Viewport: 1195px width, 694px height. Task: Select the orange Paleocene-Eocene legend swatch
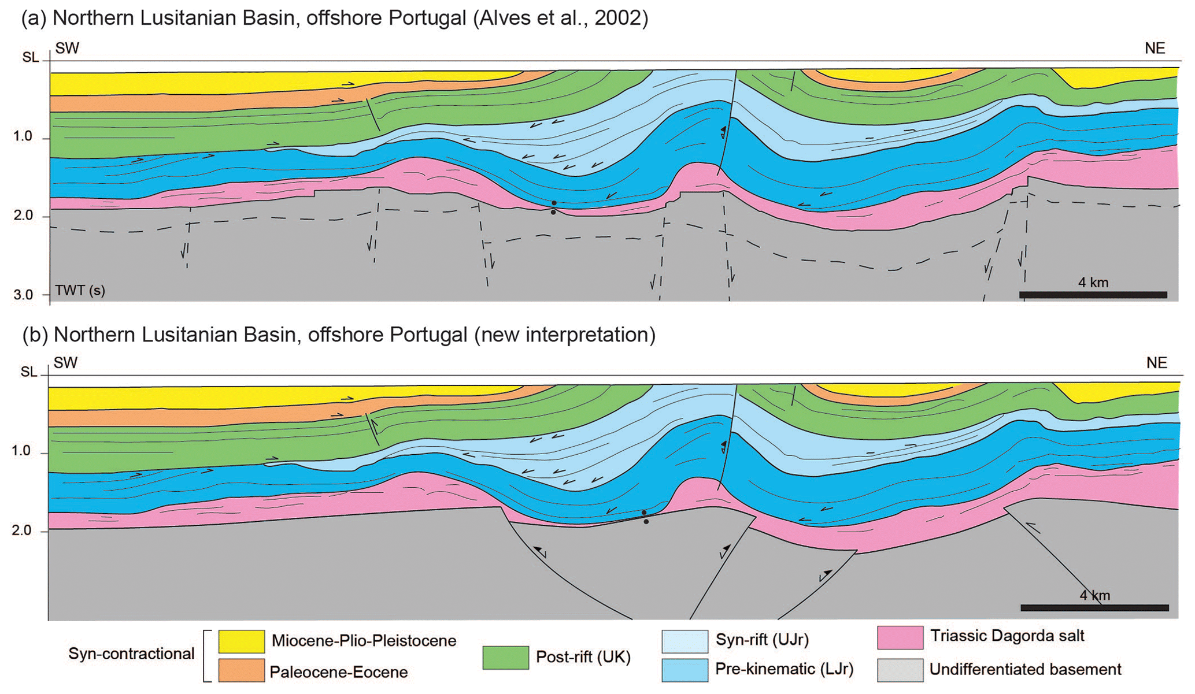point(241,671)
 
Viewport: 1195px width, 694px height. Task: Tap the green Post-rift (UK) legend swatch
point(505,658)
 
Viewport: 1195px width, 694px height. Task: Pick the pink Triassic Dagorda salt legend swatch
point(900,637)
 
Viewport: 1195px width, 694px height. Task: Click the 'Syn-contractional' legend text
point(131,654)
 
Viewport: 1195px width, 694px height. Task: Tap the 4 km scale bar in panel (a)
point(1093,295)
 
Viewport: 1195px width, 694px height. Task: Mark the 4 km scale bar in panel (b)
point(1094,608)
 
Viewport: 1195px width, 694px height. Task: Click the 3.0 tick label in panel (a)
point(24,295)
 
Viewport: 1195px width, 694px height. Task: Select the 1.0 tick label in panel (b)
point(21,451)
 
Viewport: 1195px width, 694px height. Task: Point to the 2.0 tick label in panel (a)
point(24,216)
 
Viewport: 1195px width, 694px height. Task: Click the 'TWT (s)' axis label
point(80,290)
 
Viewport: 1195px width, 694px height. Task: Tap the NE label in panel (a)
point(1155,49)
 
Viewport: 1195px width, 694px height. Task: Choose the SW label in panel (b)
point(65,363)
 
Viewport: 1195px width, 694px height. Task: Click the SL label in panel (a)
point(31,58)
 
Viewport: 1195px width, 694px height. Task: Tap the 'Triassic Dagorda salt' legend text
point(1007,636)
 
